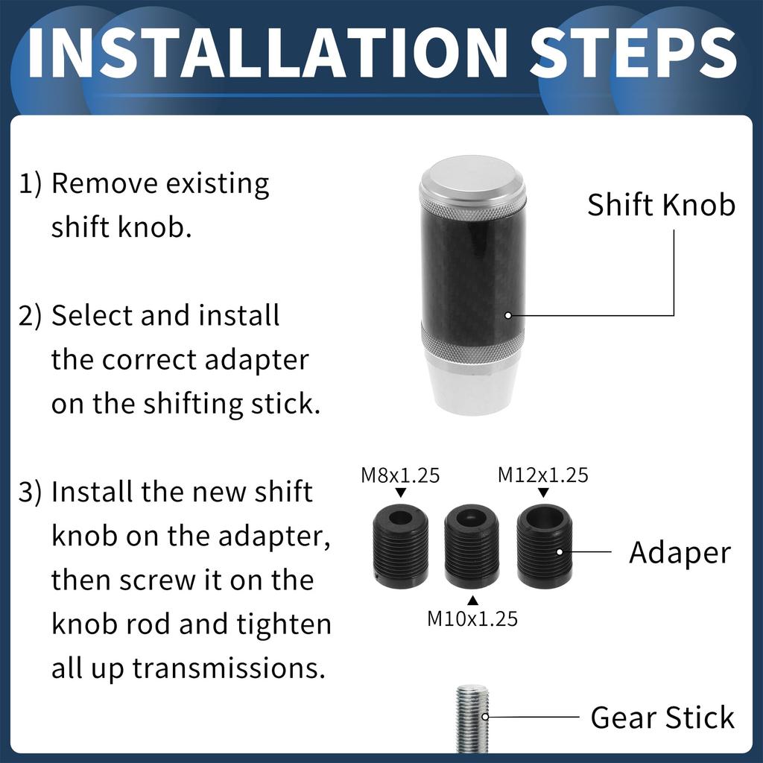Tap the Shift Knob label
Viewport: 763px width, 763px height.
[661, 205]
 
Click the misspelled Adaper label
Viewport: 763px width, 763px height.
[680, 553]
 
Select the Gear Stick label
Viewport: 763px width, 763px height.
[662, 718]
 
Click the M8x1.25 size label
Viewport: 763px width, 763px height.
[400, 475]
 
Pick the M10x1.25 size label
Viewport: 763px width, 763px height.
[472, 618]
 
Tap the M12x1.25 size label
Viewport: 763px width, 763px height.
[543, 475]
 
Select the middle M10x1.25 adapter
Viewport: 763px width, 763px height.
[472, 548]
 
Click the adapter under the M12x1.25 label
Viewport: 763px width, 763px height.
[544, 548]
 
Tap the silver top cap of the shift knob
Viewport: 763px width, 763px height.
[472, 179]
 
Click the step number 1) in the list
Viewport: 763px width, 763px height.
[31, 184]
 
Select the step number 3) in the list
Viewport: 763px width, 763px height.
[31, 493]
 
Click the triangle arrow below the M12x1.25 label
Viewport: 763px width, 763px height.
[543, 493]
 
